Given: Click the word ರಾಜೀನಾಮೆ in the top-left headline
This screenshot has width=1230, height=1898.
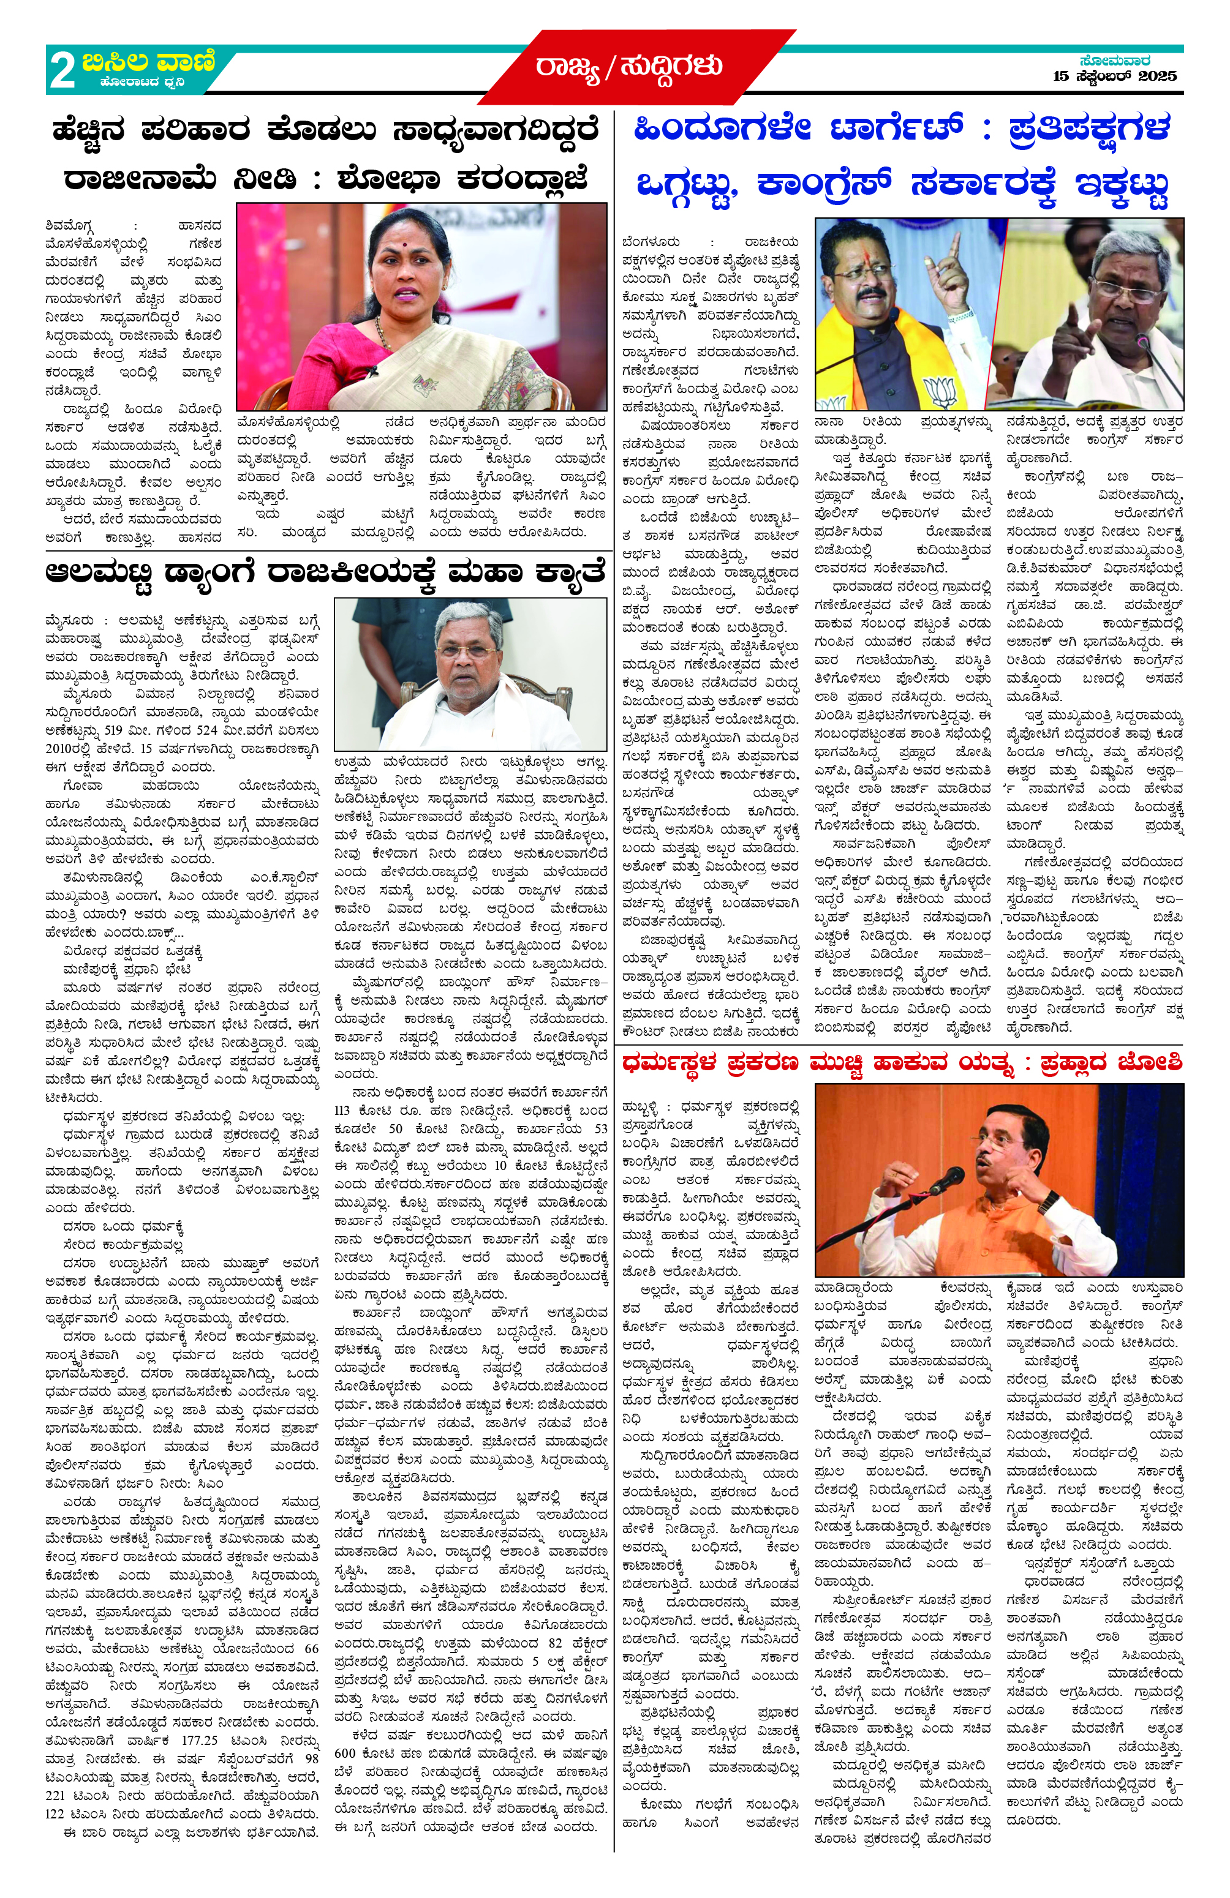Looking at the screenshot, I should pyautogui.click(x=140, y=179).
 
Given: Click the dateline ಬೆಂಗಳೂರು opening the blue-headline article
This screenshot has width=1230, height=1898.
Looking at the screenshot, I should pyautogui.click(x=652, y=242).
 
